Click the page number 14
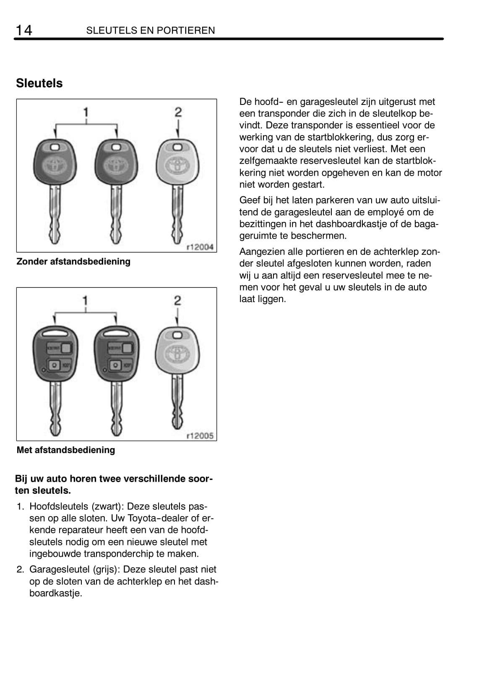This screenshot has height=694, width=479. point(23,30)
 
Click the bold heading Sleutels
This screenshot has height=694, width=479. point(39,83)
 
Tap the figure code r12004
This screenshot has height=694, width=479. point(200,247)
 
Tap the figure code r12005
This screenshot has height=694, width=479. point(200,436)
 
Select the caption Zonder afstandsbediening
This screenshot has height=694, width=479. point(73,261)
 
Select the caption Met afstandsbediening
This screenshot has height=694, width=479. point(66,450)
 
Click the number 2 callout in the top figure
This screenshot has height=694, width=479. point(178,112)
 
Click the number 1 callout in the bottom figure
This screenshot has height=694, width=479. point(86,300)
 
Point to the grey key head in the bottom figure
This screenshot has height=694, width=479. point(177,351)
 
